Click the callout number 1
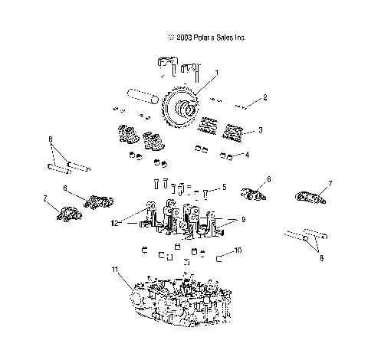[x=217, y=73]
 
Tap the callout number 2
[x=264, y=97]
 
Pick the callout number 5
[x=224, y=187]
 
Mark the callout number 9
[x=243, y=219]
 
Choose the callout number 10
[x=238, y=250]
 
